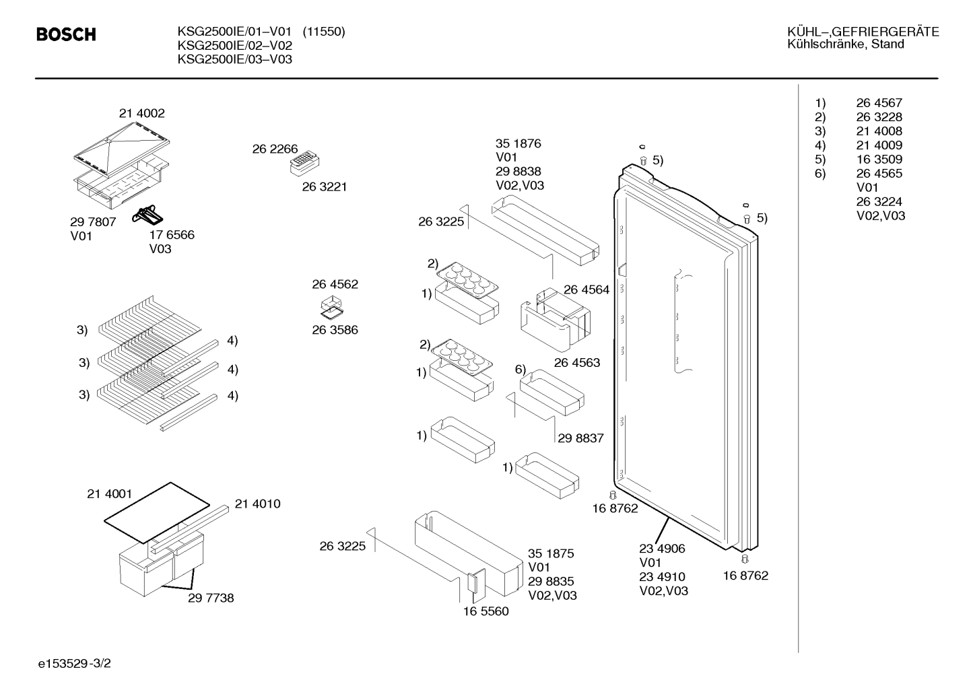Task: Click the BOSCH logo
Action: click(66, 34)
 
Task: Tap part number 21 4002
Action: click(142, 113)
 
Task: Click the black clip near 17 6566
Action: click(147, 215)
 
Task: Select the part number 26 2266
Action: click(275, 149)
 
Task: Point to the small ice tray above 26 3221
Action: click(304, 163)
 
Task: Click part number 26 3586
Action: click(335, 330)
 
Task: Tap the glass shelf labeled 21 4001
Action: click(157, 512)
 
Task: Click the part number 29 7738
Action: click(211, 598)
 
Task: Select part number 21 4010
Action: click(257, 504)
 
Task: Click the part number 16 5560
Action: click(486, 611)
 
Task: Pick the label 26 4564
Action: click(587, 289)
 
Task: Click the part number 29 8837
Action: click(580, 438)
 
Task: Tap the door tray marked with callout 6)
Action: click(551, 392)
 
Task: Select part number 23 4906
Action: click(662, 549)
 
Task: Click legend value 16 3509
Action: click(879, 159)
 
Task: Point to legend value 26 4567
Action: click(879, 103)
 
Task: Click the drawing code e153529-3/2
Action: click(75, 664)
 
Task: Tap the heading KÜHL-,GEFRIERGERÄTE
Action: click(863, 32)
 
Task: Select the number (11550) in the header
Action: click(324, 32)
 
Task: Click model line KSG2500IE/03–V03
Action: click(234, 59)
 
